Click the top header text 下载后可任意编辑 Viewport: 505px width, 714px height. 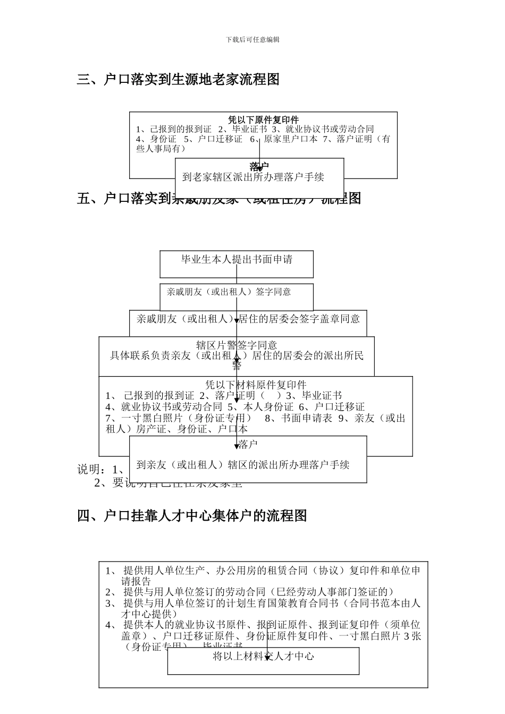252,39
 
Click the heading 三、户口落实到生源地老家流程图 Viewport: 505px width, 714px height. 178,80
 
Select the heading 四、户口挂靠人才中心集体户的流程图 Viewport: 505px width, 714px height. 192,515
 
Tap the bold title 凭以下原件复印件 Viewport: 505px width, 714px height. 263,120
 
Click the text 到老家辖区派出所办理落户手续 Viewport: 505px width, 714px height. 253,177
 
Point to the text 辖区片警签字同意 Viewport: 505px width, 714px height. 237,345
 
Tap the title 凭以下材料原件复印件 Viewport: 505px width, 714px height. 256,385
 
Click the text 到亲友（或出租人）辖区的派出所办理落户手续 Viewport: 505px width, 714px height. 243,465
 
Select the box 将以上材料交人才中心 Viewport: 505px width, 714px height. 263,657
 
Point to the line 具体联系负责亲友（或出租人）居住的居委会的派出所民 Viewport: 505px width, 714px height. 237,355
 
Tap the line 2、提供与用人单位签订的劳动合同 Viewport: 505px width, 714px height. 250,592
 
